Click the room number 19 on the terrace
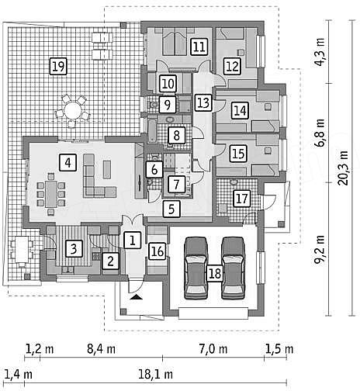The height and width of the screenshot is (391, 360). [58, 67]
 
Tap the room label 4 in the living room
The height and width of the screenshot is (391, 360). [67, 163]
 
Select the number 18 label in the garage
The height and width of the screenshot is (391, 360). [215, 273]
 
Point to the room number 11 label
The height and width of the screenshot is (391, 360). [199, 47]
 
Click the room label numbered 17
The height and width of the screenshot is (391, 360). [242, 199]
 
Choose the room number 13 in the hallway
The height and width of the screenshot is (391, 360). [203, 102]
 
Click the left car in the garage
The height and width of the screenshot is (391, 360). [196, 268]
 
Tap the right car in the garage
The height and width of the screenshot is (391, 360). [234, 268]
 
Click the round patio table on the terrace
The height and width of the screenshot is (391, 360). [72, 111]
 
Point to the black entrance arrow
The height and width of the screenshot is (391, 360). [137, 297]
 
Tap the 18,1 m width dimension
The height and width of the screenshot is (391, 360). [155, 374]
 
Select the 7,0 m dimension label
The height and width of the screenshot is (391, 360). [213, 349]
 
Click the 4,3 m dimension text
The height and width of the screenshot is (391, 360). [320, 52]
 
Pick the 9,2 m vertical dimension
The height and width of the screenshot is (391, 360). [320, 249]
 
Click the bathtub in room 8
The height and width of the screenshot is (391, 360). [152, 130]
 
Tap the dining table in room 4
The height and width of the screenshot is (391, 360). [51, 194]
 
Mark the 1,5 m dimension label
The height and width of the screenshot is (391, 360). [279, 349]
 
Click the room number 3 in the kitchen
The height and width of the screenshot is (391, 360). [74, 248]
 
